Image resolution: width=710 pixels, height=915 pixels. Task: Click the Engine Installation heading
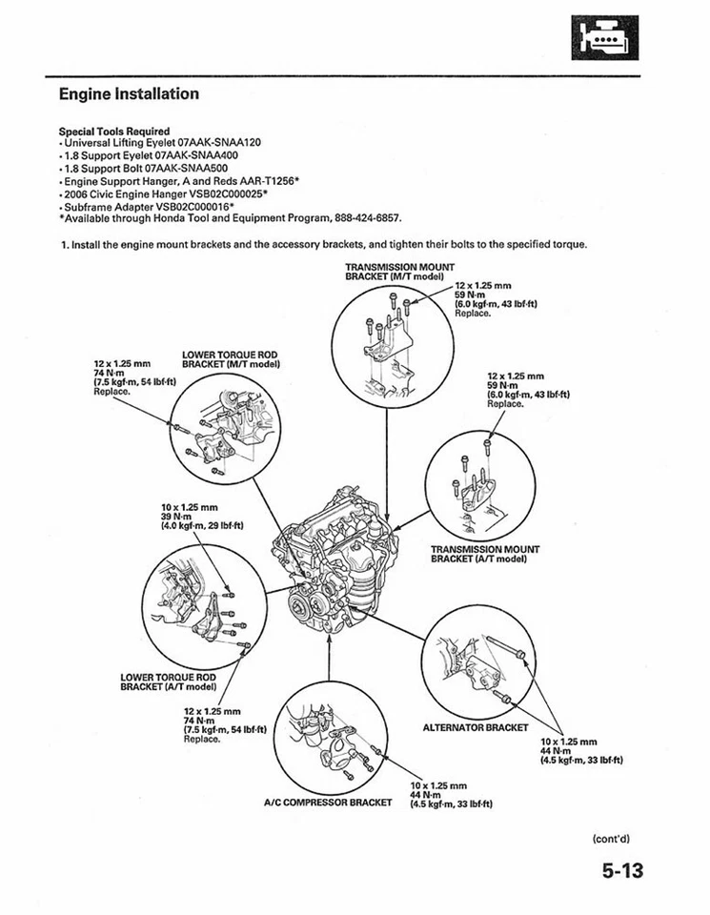(129, 94)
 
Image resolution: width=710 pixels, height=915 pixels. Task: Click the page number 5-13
(622, 871)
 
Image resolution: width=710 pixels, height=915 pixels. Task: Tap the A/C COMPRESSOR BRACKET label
(328, 802)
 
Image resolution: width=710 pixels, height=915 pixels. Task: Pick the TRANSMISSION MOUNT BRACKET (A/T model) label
(485, 554)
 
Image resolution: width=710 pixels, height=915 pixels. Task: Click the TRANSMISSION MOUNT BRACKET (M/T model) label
(399, 272)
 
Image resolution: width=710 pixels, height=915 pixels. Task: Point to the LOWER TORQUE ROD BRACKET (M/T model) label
(230, 359)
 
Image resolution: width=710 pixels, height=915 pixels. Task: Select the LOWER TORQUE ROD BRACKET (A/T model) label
(169, 681)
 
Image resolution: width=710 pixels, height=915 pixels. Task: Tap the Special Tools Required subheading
(114, 131)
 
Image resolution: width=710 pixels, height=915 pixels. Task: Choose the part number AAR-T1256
(266, 179)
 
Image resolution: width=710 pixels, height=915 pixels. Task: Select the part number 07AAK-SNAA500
(193, 167)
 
